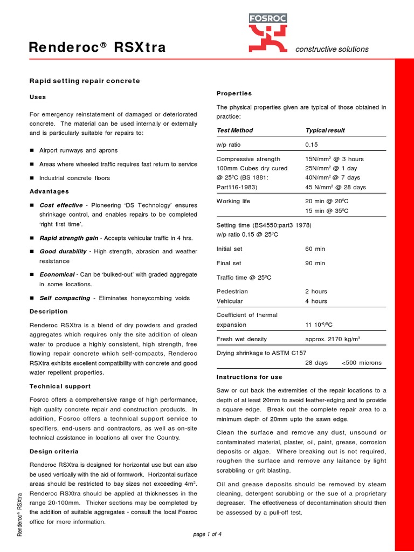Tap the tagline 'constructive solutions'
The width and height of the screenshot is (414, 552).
pos(332,49)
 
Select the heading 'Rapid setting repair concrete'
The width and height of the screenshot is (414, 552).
pos(84,81)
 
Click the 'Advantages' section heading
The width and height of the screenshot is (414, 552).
pos(49,191)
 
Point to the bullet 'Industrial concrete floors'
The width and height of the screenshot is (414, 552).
pos(74,178)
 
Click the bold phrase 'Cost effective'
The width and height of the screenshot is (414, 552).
pos(61,205)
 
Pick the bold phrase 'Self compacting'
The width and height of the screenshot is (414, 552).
pos(64,298)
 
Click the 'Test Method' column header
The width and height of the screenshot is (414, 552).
pos(234,130)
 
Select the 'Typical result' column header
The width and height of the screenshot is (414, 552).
pos(325,130)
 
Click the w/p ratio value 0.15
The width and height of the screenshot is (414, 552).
pos(312,145)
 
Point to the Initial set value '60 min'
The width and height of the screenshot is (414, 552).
pos(315,249)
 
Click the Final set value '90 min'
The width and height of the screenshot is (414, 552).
pos(315,263)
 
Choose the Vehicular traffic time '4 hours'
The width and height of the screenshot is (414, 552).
pos(316,301)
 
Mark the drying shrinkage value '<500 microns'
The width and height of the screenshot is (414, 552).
pos(361,363)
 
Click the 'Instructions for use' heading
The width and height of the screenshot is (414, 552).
pos(249,377)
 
